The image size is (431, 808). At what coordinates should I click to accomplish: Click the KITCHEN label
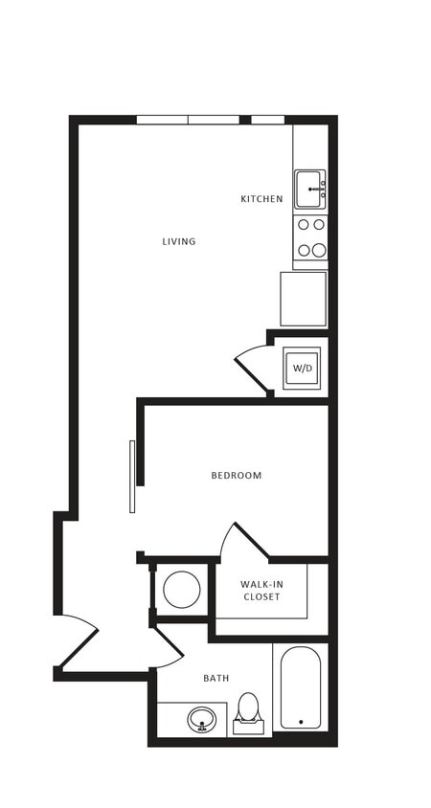click(261, 199)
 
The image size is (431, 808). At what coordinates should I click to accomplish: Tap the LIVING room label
click(179, 241)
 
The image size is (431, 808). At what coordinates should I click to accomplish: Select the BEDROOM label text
click(237, 475)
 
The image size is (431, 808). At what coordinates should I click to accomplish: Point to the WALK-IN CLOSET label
click(261, 590)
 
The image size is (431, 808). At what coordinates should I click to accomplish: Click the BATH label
click(215, 678)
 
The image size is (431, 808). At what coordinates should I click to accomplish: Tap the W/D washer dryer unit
click(303, 368)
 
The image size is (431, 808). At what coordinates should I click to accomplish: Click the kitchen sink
click(309, 189)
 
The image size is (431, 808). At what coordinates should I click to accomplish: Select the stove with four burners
click(310, 237)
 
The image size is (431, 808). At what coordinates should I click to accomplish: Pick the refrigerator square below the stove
click(303, 299)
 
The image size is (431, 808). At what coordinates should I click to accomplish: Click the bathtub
click(301, 687)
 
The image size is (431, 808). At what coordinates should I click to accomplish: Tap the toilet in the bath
click(249, 713)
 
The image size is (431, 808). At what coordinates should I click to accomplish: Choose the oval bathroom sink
click(202, 719)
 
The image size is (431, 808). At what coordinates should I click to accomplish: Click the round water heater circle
click(182, 589)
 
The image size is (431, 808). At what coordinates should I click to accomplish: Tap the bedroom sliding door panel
click(132, 476)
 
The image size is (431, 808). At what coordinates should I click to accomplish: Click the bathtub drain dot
click(301, 722)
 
